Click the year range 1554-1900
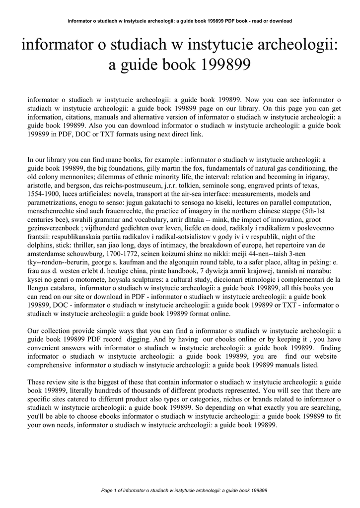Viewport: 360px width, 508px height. [x=46, y=193]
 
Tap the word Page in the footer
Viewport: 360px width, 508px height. [x=107, y=491]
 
